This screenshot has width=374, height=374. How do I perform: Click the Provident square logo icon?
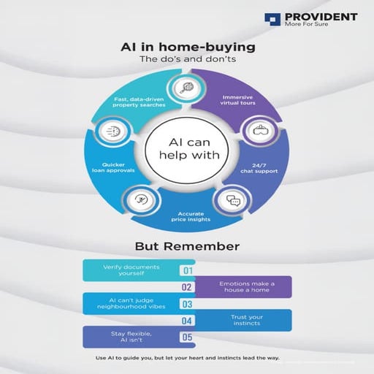(x=272, y=19)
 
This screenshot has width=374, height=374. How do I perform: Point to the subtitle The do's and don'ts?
(x=187, y=60)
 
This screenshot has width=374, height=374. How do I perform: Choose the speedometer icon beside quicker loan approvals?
(x=113, y=134)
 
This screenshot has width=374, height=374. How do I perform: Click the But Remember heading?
(x=187, y=246)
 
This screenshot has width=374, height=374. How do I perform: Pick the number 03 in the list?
(x=187, y=304)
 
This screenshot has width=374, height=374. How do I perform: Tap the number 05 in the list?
(x=187, y=337)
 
